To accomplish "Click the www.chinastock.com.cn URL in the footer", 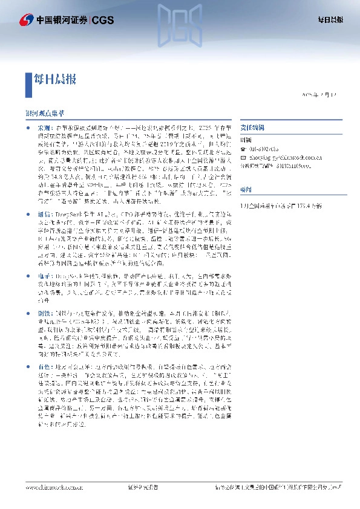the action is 54,487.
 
